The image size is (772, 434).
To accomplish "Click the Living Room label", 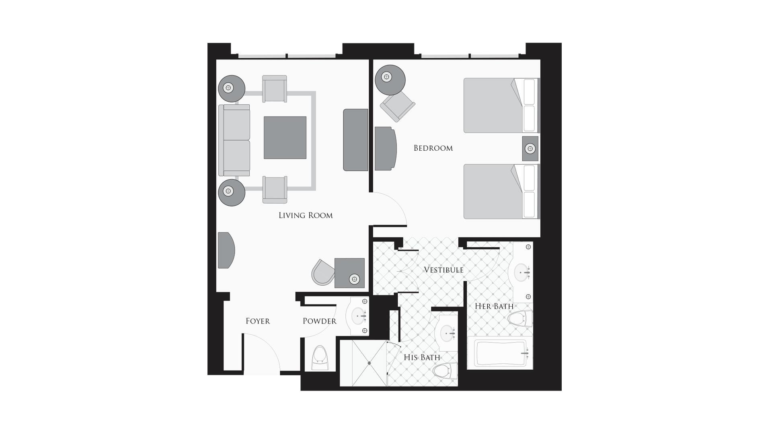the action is coord(306,215).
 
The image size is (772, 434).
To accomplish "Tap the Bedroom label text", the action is coord(433,148).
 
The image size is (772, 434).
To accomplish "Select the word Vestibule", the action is coord(443,270).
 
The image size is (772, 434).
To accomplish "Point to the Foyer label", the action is coord(258,321).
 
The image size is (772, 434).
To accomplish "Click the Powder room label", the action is coord(319,321).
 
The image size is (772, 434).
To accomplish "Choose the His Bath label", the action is coord(422,357).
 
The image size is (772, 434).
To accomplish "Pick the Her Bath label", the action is coord(494,306).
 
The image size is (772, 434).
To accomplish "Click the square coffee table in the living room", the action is coord(285,137).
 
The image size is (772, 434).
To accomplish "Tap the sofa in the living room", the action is coord(234,140).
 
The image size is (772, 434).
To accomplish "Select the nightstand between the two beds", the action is coord(530,149).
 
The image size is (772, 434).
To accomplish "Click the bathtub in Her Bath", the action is coord(500,353).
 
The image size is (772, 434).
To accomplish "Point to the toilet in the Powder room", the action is coord(320,358).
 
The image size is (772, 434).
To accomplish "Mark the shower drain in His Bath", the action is coord(369,363).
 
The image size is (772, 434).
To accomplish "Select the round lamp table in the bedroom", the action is coord(390,80).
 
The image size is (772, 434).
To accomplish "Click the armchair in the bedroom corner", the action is coord(398,105).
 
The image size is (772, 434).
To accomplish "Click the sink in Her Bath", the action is coord(522,272).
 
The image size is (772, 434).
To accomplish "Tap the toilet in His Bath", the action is coord(446,371).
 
